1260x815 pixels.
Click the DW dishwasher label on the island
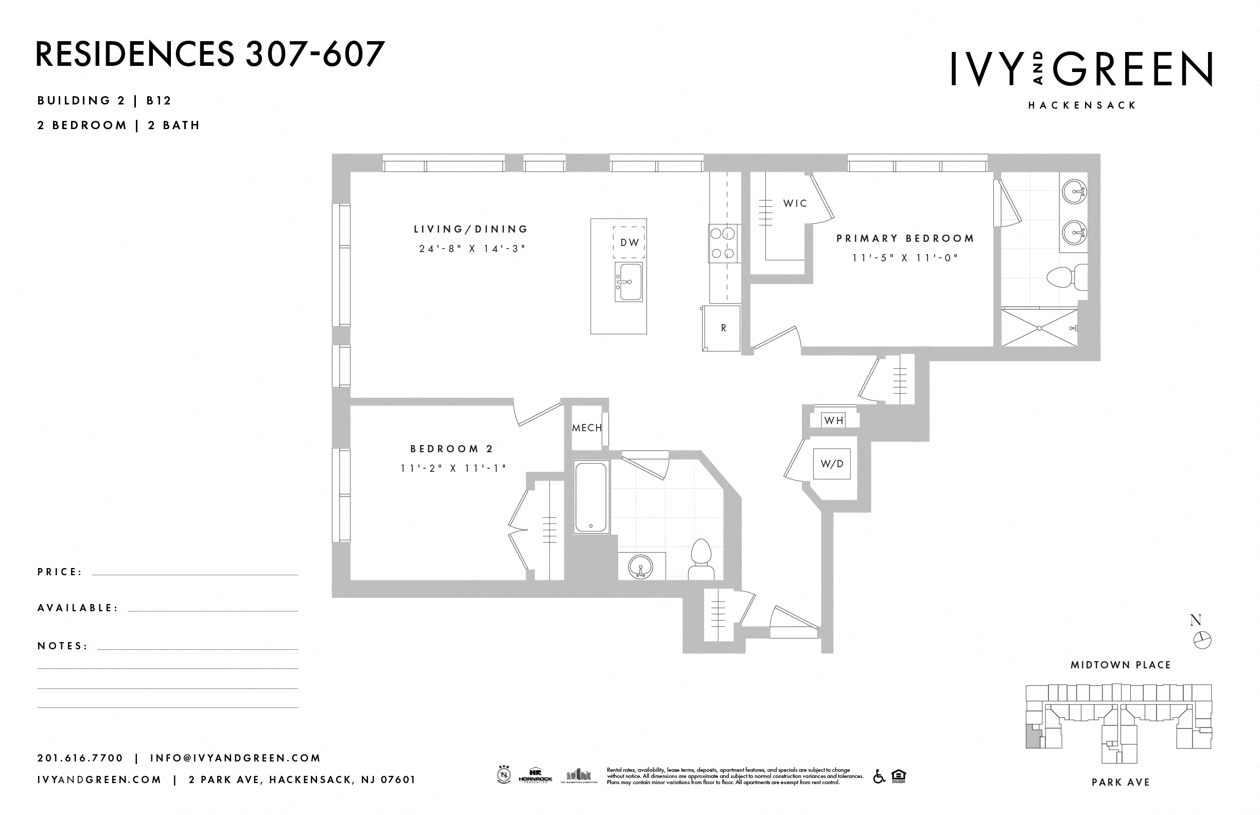click(629, 242)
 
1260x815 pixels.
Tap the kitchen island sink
click(628, 281)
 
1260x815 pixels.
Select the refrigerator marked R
click(723, 328)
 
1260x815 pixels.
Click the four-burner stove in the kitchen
click(723, 243)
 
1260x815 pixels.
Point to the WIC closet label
click(795, 203)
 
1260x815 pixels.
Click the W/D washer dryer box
click(832, 464)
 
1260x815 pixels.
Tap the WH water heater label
click(834, 421)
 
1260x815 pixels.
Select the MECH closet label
click(587, 428)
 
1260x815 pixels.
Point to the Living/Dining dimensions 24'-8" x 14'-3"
click(471, 249)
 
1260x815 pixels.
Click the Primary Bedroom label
click(905, 239)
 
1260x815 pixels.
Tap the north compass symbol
click(1202, 641)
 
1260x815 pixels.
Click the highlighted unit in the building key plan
click(1032, 737)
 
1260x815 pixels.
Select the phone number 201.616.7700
click(80, 758)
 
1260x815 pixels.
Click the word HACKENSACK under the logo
click(1082, 105)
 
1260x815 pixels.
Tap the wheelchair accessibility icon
click(879, 776)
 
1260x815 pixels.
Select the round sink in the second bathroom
click(640, 568)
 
